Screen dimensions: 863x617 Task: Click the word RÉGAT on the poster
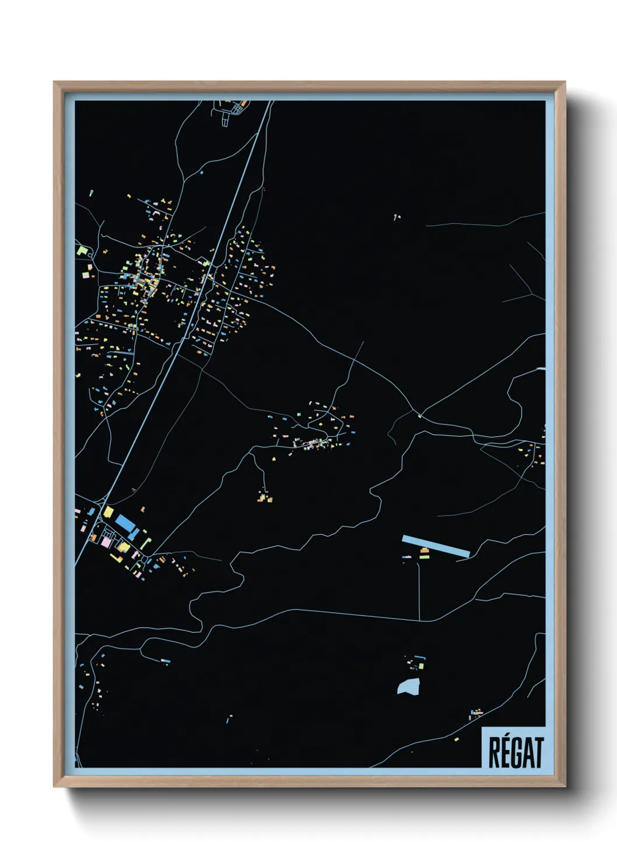516,753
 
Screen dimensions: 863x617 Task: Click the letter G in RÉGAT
516,753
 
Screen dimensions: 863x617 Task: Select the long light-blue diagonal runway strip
436,546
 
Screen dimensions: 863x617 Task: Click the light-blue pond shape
409,686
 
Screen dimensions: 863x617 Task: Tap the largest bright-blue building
125,522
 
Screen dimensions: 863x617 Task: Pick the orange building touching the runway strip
425,550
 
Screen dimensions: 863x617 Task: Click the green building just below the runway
425,557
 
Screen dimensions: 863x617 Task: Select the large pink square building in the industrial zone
106,542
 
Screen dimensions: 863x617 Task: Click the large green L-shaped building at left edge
82,251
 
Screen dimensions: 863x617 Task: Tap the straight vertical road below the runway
419,589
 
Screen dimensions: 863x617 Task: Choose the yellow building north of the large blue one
108,511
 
